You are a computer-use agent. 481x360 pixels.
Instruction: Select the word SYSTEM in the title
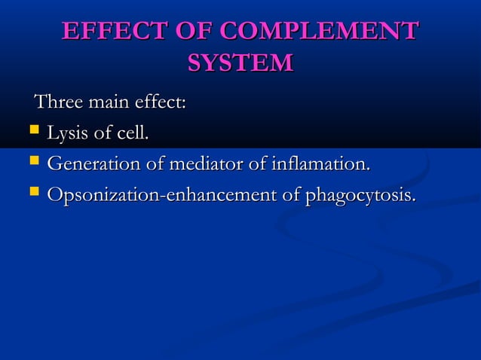240,63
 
